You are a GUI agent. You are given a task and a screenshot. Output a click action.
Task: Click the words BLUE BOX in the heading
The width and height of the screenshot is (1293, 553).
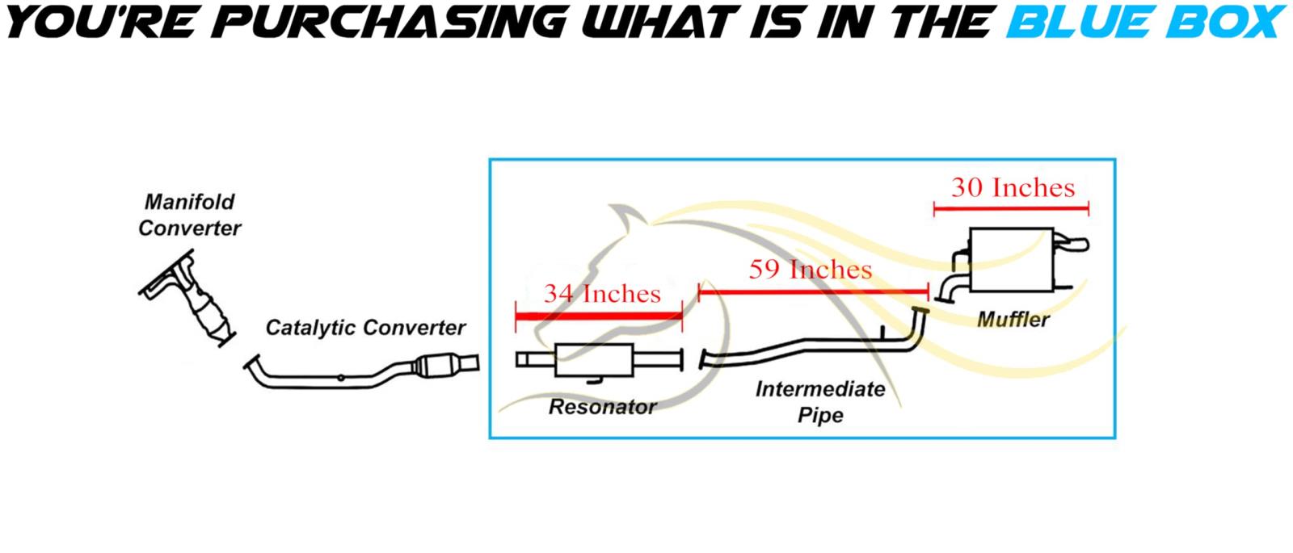pos(1144,22)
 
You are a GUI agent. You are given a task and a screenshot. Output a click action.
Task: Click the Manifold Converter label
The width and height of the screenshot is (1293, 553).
pos(189,215)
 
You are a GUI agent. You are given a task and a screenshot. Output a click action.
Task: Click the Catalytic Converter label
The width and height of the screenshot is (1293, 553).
pos(365,328)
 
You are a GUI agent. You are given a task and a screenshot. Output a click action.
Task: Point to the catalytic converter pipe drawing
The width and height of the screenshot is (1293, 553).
pos(364,375)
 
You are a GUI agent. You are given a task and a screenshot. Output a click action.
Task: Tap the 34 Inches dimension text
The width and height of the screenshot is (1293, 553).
pos(602,293)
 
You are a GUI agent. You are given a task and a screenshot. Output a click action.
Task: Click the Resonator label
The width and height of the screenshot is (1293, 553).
pos(602,406)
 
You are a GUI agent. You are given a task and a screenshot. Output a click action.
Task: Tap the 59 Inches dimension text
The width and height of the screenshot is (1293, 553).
pos(811,269)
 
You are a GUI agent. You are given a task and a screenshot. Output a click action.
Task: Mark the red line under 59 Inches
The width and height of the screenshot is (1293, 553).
pos(813,291)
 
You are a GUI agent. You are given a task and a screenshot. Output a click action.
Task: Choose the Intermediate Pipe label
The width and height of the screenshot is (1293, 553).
pos(820,402)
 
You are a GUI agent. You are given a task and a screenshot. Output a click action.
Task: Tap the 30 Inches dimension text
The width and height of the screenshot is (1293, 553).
pos(1013,188)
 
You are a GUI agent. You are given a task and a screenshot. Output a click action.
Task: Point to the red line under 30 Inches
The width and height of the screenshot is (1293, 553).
pos(1011,209)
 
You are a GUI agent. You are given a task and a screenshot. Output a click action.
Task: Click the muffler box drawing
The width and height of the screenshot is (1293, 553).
pos(1011,261)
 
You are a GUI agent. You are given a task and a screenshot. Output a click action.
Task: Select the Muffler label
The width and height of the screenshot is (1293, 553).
pos(1013,320)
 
